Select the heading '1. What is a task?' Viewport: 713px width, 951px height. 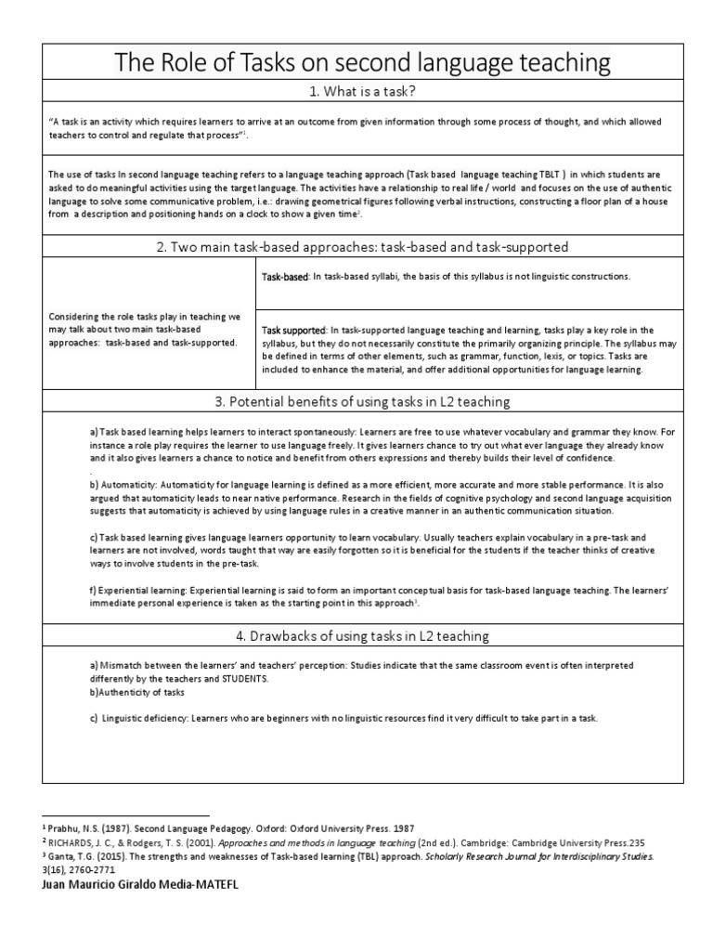click(362, 91)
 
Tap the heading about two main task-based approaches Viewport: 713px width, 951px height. click(362, 247)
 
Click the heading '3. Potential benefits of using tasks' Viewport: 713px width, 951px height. click(362, 401)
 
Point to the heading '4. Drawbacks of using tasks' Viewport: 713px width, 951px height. click(362, 635)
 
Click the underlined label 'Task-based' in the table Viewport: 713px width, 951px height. click(284, 277)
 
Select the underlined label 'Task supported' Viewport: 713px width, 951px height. click(293, 331)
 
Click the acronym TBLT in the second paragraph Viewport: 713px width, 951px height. click(549, 173)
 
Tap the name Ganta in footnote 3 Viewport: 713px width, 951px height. click(67, 855)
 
